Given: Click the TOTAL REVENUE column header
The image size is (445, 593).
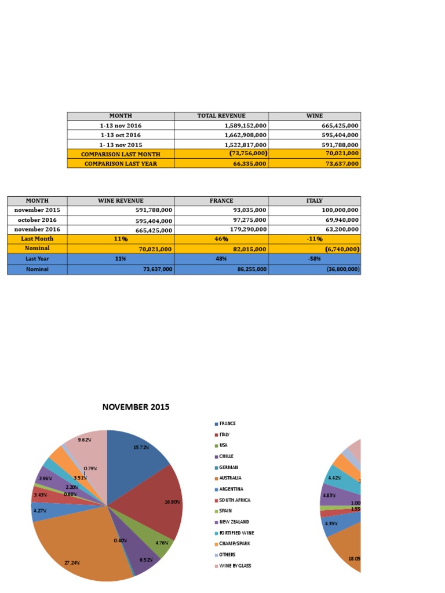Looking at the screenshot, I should click(x=221, y=116).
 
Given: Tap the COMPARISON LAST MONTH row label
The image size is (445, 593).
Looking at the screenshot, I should click(x=121, y=154).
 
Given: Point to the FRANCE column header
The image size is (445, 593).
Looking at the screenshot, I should click(x=221, y=200).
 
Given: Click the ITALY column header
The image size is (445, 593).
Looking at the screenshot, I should click(x=315, y=200).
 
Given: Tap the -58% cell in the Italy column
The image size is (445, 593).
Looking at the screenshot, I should click(x=315, y=259).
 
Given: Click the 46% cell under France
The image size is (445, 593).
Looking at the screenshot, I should click(x=221, y=239).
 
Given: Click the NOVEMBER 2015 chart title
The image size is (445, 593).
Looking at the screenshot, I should click(x=136, y=407).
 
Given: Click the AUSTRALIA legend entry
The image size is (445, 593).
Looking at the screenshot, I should click(x=229, y=478).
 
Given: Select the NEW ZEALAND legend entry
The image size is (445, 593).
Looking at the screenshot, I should click(x=234, y=522).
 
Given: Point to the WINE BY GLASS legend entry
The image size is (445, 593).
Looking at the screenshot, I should click(x=235, y=566).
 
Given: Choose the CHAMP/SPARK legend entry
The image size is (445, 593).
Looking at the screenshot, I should click(x=233, y=544).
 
